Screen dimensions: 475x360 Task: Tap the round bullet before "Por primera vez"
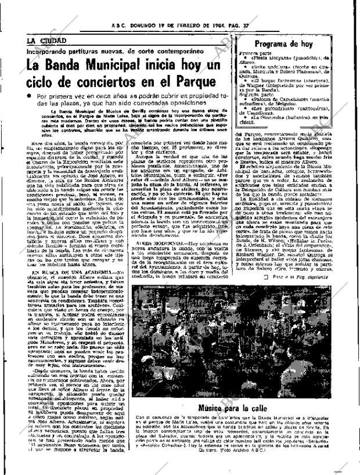click(x=28, y=96)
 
